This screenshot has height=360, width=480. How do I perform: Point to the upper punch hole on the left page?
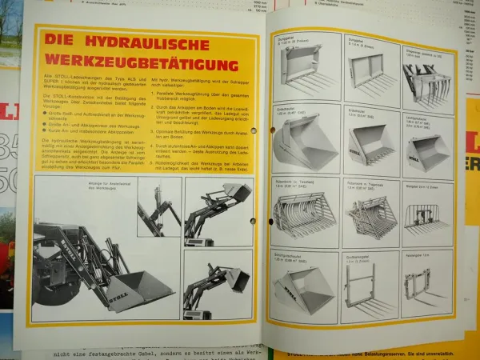(x=253, y=130)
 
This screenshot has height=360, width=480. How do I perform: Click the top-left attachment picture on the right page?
(x=303, y=73)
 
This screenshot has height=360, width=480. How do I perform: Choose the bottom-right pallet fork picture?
(x=426, y=284)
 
